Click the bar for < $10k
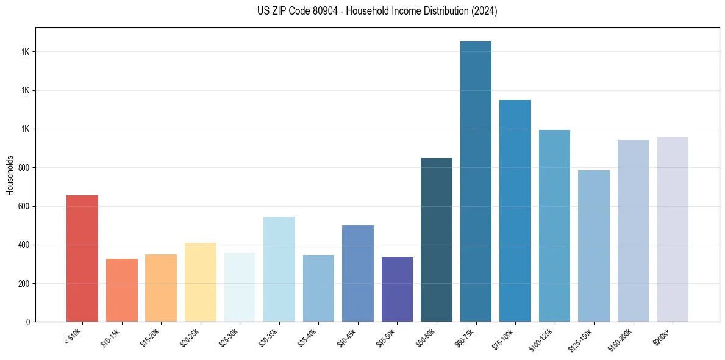click(x=82, y=259)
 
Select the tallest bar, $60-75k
click(x=476, y=182)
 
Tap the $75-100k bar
click(x=515, y=211)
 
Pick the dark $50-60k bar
click(x=437, y=240)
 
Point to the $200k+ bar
click(x=673, y=229)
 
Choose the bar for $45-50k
click(x=397, y=289)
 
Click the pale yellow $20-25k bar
click(x=201, y=283)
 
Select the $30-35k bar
click(x=279, y=269)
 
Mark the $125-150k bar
click(x=594, y=246)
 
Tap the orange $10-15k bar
click(x=122, y=290)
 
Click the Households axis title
click(x=10, y=175)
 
